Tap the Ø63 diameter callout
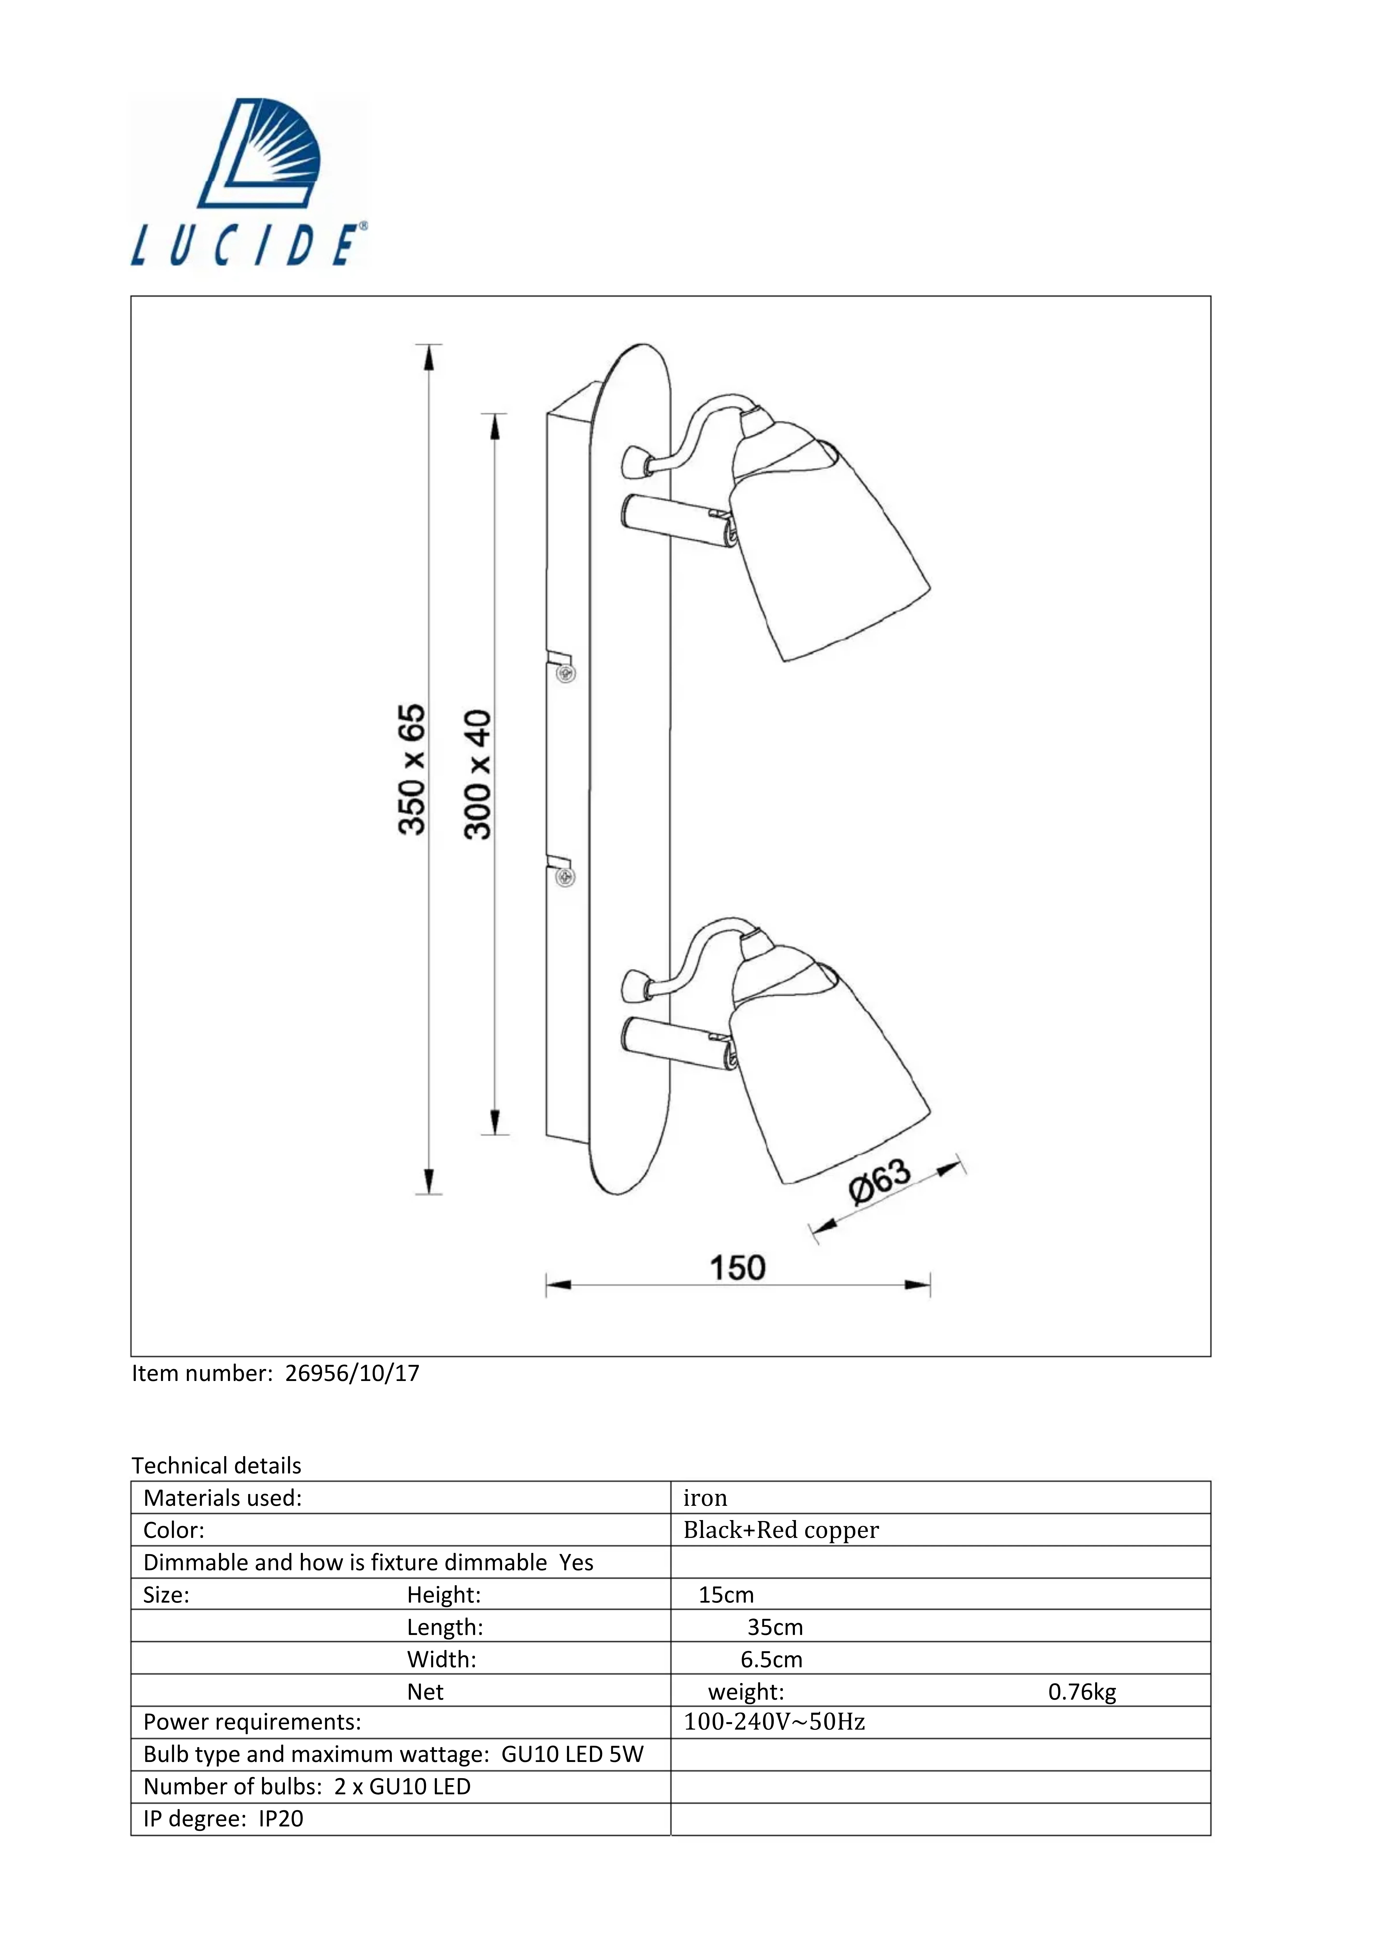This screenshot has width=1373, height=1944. click(880, 1179)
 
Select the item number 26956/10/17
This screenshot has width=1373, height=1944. click(352, 1373)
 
